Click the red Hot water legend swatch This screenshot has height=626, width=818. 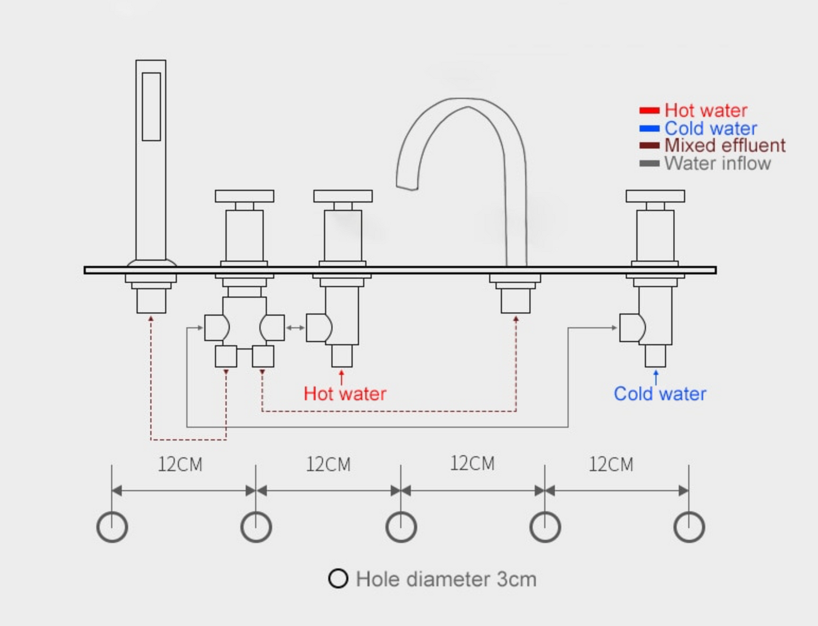649,110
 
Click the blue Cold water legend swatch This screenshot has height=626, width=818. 649,128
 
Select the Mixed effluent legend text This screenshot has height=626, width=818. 725,145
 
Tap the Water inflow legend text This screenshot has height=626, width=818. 717,163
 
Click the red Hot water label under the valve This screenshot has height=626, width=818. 345,394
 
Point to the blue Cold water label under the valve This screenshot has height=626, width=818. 659,394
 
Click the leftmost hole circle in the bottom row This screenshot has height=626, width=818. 112,527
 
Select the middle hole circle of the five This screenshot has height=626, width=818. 401,527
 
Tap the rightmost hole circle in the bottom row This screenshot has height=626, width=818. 689,527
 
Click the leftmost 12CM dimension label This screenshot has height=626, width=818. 180,464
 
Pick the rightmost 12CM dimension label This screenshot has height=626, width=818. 611,464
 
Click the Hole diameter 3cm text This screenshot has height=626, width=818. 446,579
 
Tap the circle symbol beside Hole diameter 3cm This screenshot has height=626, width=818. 338,578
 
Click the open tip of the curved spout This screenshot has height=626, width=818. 407,185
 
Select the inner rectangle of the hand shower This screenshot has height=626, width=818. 151,106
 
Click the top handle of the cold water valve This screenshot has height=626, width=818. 655,196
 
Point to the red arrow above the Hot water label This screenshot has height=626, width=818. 341,377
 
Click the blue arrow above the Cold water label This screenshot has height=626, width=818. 656,377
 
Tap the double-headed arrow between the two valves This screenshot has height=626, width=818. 295,327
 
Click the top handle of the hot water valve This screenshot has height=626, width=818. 342,196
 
